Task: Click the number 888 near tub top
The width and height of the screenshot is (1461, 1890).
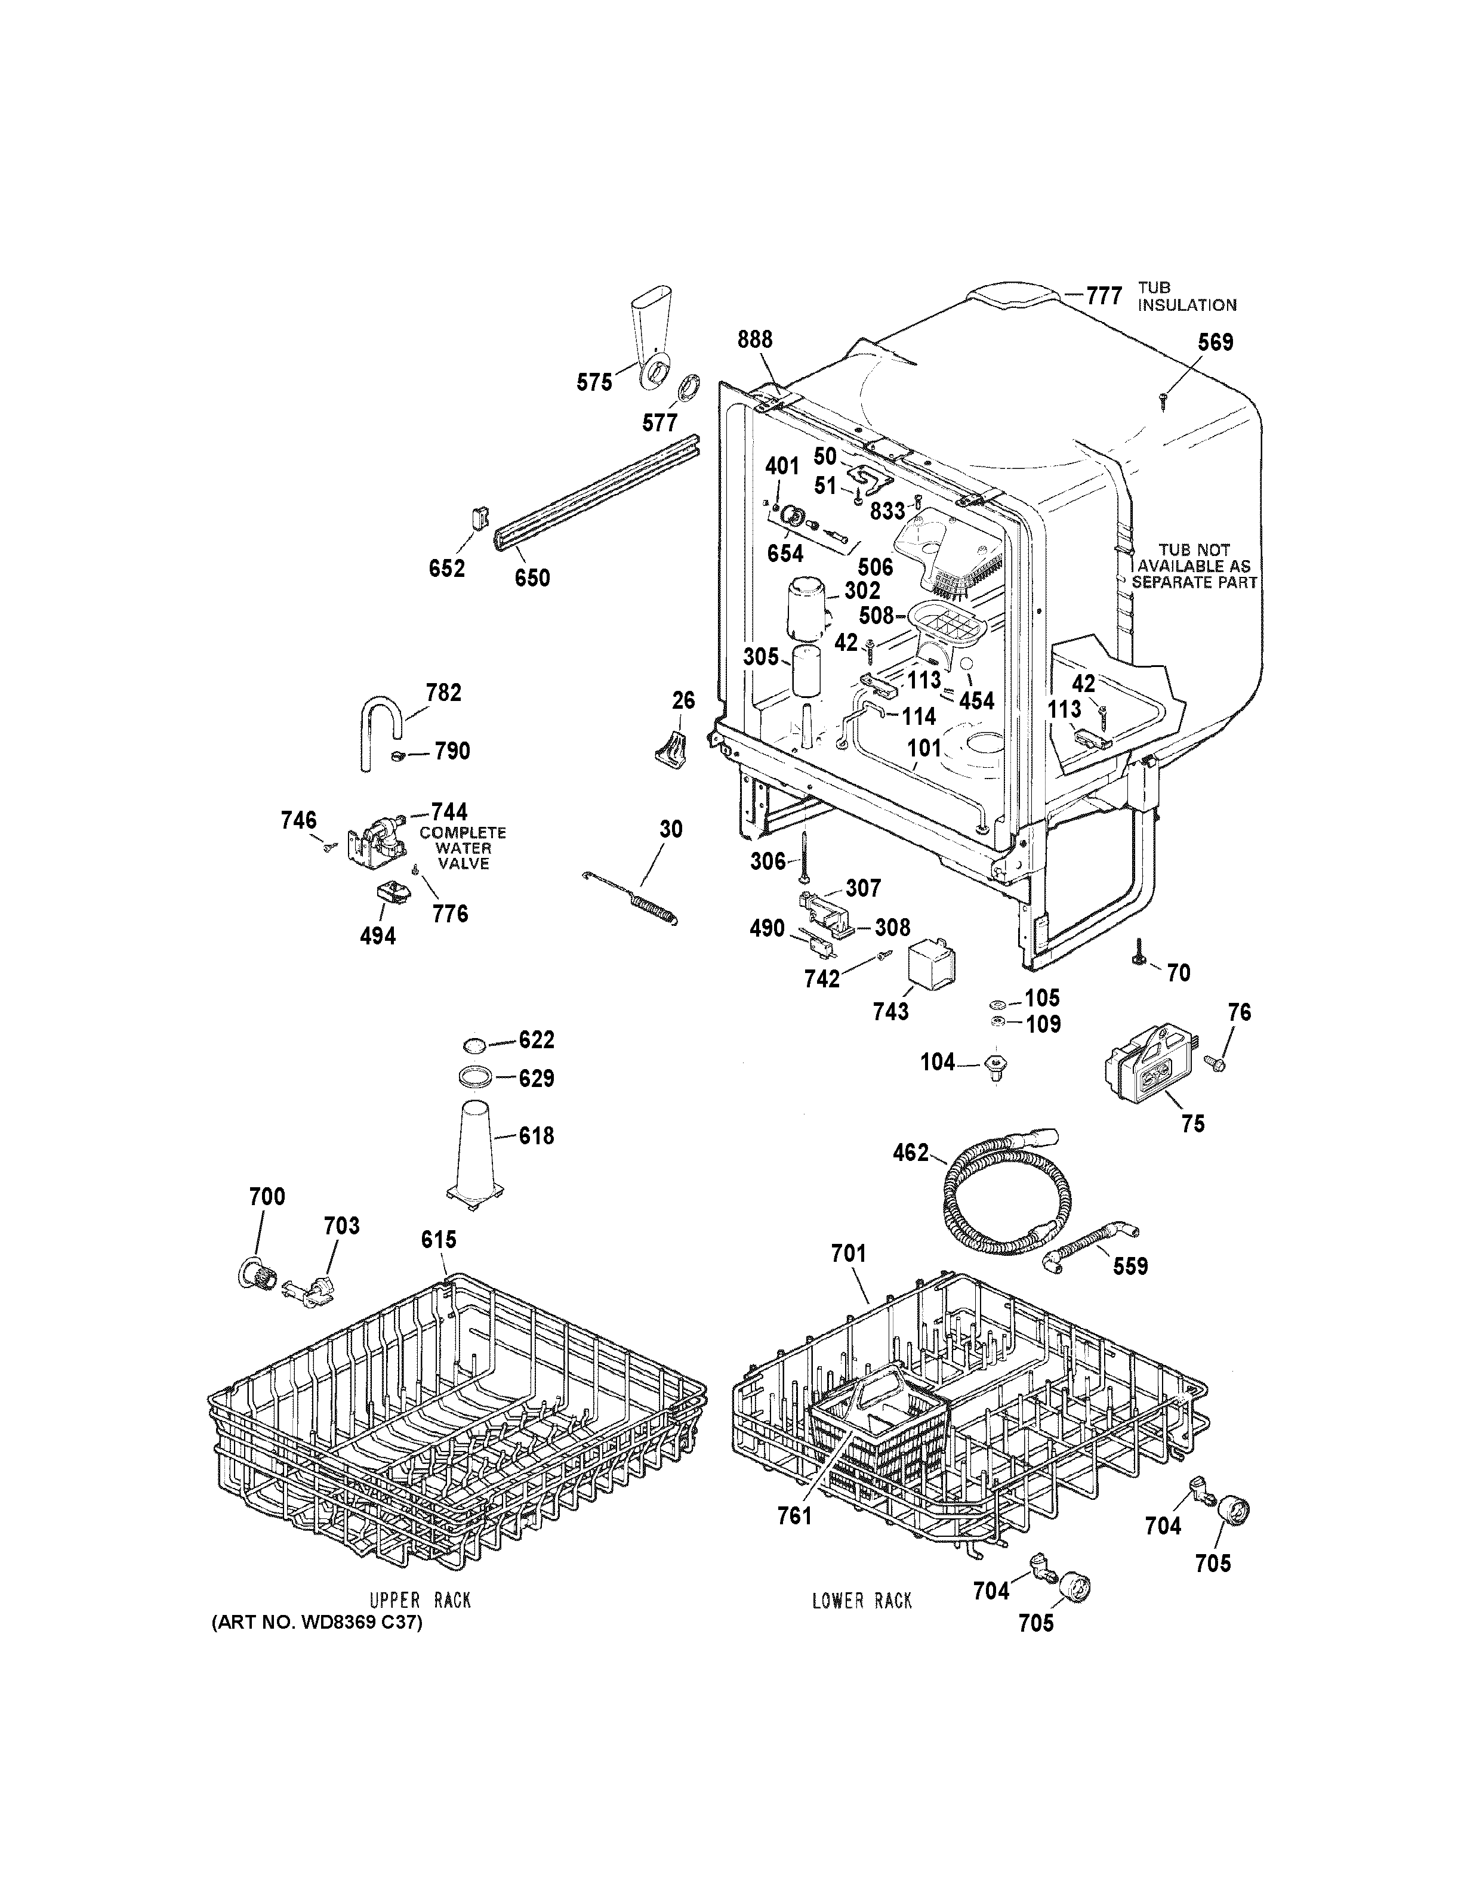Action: click(755, 340)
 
